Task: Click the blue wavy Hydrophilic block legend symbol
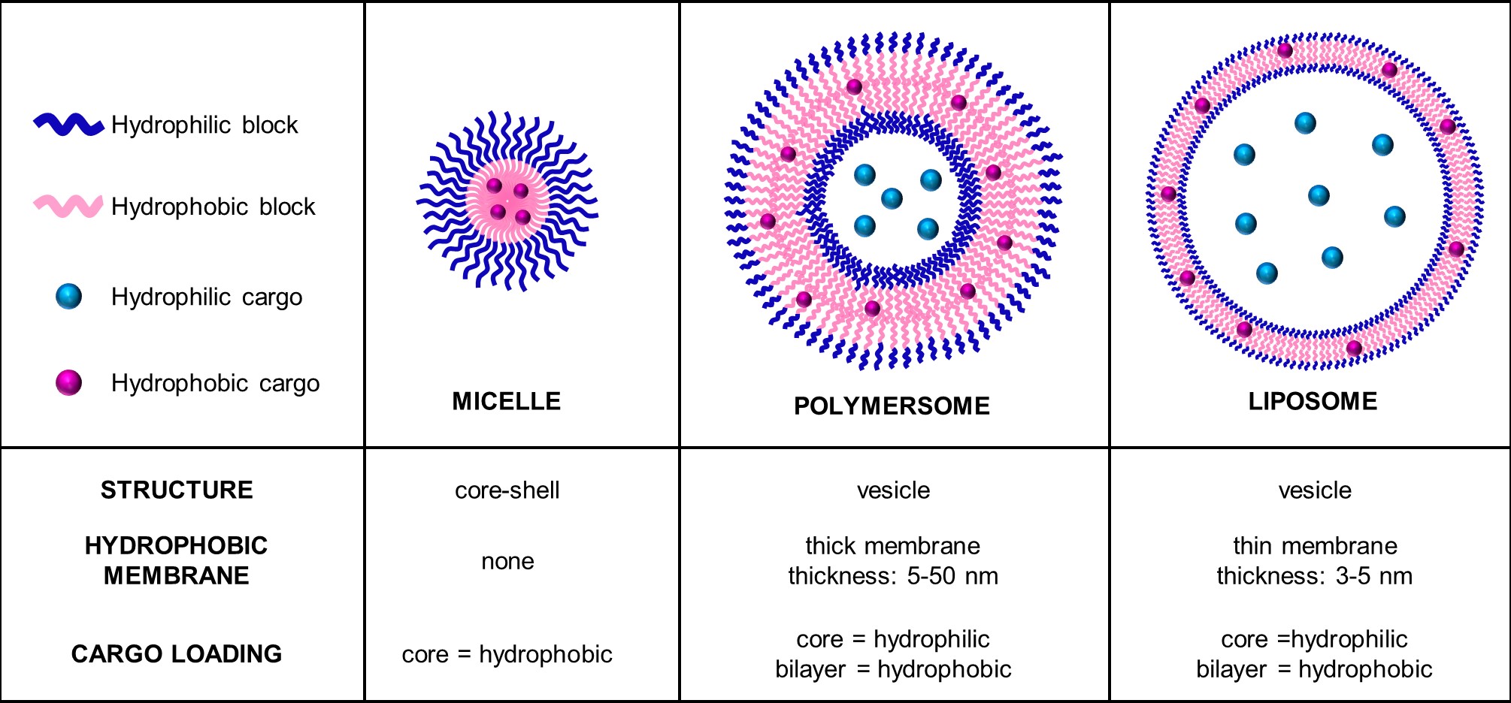coord(68,125)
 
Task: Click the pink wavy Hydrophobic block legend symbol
coord(68,206)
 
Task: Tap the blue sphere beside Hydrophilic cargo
coord(68,297)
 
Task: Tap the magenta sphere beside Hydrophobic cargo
coord(68,383)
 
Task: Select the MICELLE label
coord(506,402)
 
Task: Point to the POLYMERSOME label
coord(892,406)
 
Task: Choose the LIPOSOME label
coord(1313,402)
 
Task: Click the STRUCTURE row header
coord(177,490)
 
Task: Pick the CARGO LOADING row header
coord(177,654)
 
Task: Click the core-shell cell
coord(507,490)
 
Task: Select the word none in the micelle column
coord(507,561)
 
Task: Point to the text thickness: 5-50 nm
coord(893,576)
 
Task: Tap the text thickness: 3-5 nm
coord(1314,576)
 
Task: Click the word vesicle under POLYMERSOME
coord(893,490)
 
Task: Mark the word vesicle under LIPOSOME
coord(1315,490)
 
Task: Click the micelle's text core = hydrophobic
coord(507,654)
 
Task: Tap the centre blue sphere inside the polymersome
coord(892,198)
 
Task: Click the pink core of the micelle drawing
coord(507,201)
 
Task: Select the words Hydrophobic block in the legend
coord(213,207)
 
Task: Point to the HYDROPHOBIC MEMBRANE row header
coord(177,560)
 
